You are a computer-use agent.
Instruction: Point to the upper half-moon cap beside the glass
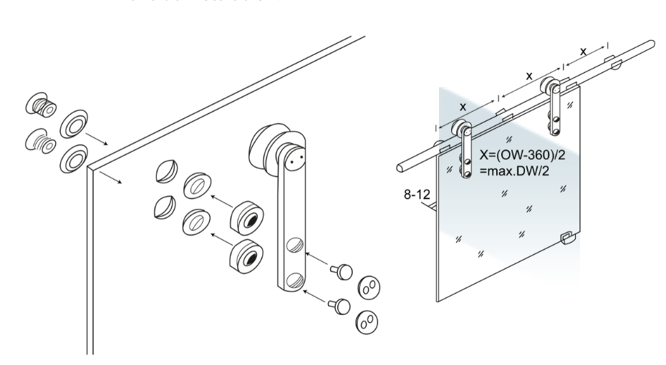[x=163, y=173]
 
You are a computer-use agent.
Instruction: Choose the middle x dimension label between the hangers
[x=529, y=75]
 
